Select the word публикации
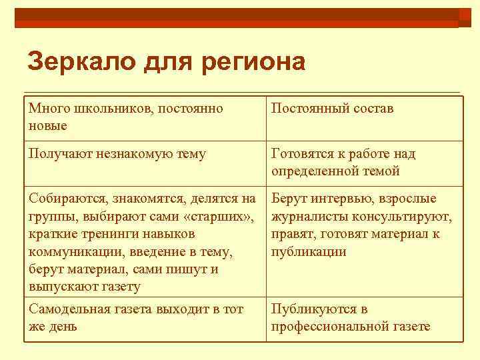(309, 251)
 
